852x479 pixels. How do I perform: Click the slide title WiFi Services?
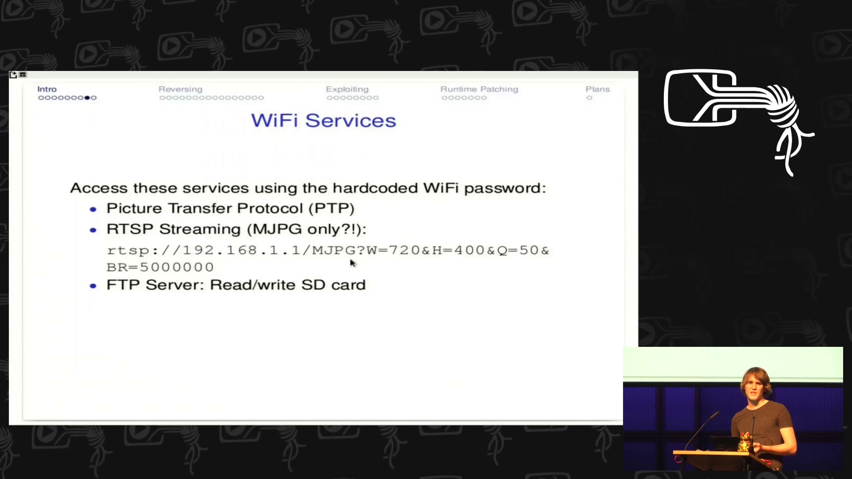coord(323,121)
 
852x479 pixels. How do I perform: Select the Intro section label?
coord(47,89)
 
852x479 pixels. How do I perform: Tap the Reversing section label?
coord(180,90)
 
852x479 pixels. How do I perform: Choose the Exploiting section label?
coord(347,90)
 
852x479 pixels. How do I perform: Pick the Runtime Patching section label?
coord(479,90)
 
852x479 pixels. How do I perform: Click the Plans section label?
coord(598,89)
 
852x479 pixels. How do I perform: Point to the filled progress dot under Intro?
coord(87,98)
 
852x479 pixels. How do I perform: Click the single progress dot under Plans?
coord(589,98)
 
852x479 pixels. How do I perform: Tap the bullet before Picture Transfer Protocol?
coord(93,209)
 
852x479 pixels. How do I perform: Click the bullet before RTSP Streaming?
coord(93,230)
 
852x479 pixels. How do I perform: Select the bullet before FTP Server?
coord(93,286)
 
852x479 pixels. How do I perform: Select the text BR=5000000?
coord(160,267)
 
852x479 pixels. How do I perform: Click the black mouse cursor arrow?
coord(353,263)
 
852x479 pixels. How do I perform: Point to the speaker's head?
coord(756,382)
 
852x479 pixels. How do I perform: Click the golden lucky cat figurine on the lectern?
coord(745,442)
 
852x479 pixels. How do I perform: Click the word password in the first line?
coord(505,188)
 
